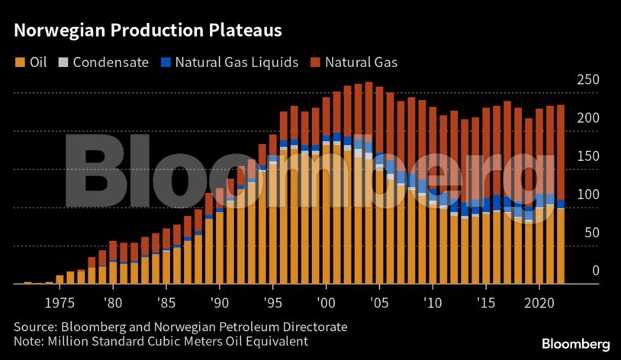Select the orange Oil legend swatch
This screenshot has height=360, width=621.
(19, 63)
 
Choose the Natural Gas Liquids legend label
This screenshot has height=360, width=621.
(236, 63)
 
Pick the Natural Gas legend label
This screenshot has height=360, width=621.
(361, 63)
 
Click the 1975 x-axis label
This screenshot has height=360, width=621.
(60, 301)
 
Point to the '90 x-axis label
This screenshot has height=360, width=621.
(219, 301)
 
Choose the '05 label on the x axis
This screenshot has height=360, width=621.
(378, 301)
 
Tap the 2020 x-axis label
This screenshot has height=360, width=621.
(539, 301)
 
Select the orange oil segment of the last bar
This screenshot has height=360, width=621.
(560, 244)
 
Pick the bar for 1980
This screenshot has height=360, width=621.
(113, 263)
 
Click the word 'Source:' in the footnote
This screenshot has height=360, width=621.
(34, 326)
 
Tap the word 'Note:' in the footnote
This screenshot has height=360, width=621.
(29, 342)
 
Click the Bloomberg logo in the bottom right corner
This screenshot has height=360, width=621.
(576, 344)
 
